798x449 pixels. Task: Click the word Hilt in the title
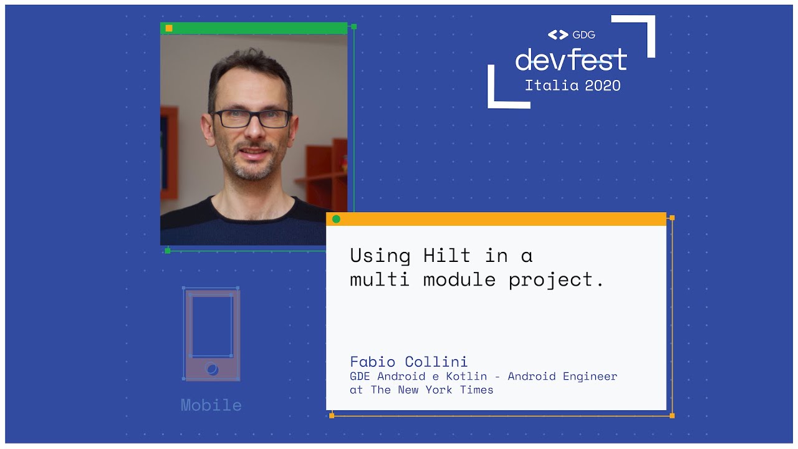[x=447, y=256]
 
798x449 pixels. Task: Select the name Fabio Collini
[x=408, y=362]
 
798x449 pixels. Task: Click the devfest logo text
[x=571, y=59]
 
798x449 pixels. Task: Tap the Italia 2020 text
[x=572, y=85]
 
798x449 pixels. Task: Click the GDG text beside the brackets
[x=584, y=35]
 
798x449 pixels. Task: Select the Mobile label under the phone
[x=211, y=405]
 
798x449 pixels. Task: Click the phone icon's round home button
[x=212, y=369]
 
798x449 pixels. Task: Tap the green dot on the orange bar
[x=336, y=219]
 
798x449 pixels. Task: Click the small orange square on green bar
[x=169, y=28]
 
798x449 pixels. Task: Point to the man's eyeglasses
[x=252, y=118]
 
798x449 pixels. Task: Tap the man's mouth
[x=252, y=152]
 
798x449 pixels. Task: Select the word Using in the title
[x=380, y=256]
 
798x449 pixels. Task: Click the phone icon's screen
[x=212, y=326]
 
